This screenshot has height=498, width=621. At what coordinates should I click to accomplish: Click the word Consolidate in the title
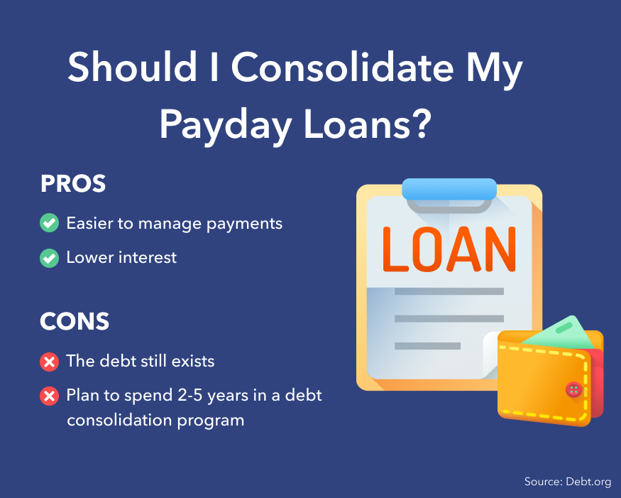tap(342, 67)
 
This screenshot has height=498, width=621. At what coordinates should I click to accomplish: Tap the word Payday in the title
tap(226, 125)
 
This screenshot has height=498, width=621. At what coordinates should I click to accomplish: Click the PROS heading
tap(73, 183)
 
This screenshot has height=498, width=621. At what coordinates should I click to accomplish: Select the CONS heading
tap(75, 321)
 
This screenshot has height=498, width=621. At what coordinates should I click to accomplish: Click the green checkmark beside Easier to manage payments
tap(50, 223)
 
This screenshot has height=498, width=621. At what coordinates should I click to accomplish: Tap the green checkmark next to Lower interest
tap(50, 258)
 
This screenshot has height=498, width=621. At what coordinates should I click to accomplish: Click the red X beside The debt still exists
tap(50, 362)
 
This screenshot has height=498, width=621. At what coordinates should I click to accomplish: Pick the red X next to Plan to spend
tap(50, 396)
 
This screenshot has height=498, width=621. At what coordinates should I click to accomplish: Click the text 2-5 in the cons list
tap(191, 395)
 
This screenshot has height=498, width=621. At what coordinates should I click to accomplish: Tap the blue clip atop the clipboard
tap(449, 189)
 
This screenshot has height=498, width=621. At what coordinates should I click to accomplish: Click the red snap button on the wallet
tap(573, 389)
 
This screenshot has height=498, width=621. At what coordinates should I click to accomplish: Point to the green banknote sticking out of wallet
tap(561, 331)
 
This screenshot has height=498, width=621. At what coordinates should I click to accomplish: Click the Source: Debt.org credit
tap(568, 482)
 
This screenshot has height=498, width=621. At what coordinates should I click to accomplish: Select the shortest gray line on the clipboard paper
tap(427, 346)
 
